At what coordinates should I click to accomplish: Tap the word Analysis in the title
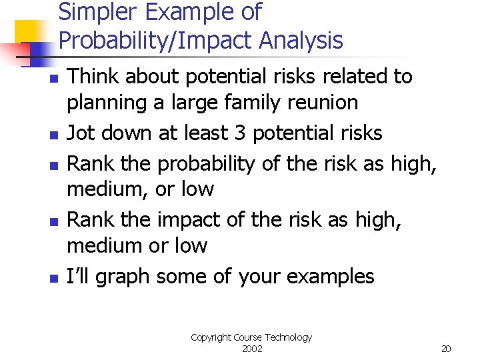coord(301,41)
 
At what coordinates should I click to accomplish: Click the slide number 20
coord(447,349)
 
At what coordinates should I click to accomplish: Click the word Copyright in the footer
coord(211,337)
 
